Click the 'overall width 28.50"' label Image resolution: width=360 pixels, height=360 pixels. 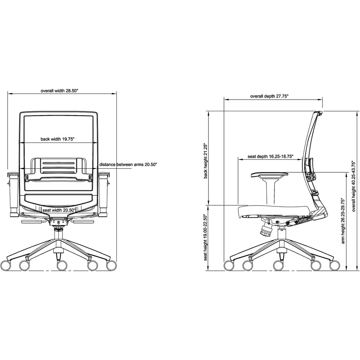point(60,91)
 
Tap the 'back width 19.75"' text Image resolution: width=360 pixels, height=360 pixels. point(58,139)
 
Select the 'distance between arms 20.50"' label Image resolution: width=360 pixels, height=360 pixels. point(128,164)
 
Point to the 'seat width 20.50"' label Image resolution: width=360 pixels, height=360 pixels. point(59,210)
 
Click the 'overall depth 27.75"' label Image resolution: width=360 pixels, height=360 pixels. point(269,96)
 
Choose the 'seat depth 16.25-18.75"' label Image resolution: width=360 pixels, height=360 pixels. point(271,156)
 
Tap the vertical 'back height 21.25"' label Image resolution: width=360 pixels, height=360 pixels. point(206,161)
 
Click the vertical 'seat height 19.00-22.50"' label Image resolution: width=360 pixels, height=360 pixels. point(206,237)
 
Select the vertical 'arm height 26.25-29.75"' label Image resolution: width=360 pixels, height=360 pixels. point(343,221)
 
